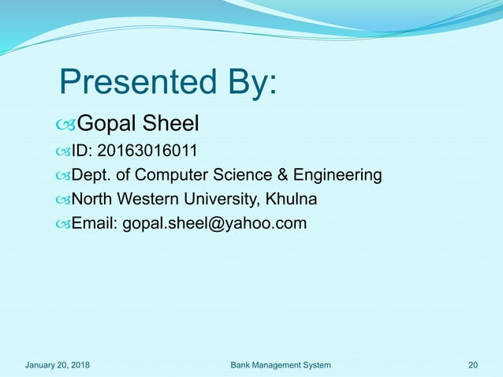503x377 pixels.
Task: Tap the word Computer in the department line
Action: pos(169,174)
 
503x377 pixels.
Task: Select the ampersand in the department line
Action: pos(266,174)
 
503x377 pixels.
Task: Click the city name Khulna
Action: pos(292,199)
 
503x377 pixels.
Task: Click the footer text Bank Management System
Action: pos(281,365)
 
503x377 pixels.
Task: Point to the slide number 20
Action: pos(473,365)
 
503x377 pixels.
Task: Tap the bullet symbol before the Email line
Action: pos(63,225)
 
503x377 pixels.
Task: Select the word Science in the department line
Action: pos(231,174)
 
